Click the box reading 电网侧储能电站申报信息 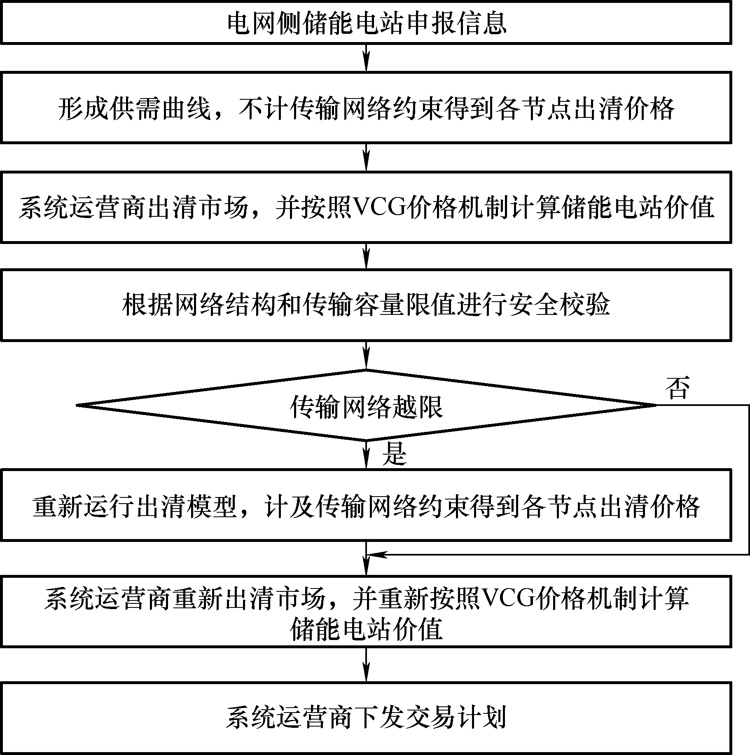click(x=366, y=21)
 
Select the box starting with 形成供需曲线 click(x=366, y=108)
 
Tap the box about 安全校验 click(x=366, y=305)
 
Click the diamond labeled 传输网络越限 click(x=366, y=406)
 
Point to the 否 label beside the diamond click(x=678, y=388)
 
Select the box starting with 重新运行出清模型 click(x=366, y=505)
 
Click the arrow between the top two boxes click(x=366, y=58)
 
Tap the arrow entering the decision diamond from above click(x=366, y=355)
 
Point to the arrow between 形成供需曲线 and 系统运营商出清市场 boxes click(x=366, y=158)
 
